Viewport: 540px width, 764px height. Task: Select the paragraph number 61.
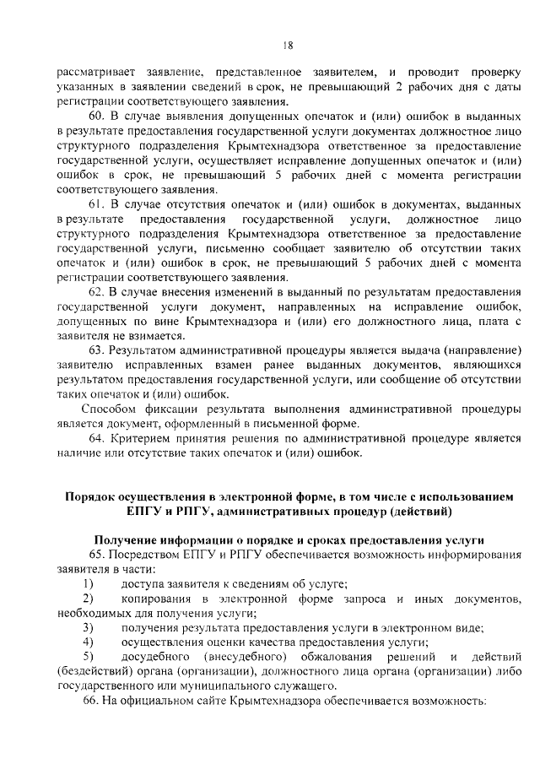point(95,205)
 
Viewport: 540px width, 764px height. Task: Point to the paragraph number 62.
point(95,293)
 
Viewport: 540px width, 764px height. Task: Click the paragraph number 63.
point(95,351)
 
